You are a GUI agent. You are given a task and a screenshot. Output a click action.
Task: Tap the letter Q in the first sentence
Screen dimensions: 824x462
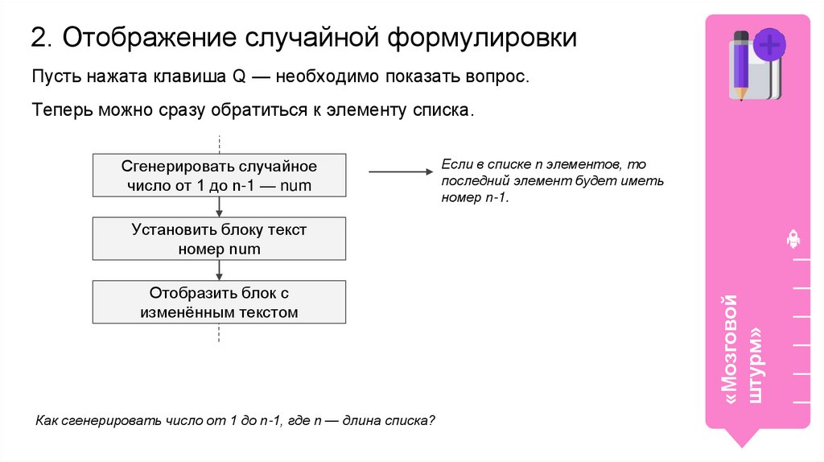click(238, 78)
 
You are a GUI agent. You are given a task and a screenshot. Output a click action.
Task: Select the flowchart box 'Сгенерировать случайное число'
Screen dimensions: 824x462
click(219, 176)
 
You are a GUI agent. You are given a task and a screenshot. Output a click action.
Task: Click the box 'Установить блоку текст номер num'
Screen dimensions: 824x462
click(219, 239)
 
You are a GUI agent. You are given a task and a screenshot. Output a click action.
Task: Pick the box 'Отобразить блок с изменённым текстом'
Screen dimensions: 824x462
click(219, 302)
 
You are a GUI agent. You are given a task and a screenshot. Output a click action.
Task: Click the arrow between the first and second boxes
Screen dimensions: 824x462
click(219, 207)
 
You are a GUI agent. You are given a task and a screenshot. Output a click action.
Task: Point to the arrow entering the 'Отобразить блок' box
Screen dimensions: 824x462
click(219, 270)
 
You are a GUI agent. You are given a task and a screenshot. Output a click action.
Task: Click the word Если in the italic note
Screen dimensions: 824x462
click(455, 163)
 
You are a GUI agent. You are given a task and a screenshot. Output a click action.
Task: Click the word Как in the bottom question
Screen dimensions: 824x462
click(47, 420)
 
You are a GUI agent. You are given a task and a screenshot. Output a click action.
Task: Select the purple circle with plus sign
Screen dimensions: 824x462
click(770, 43)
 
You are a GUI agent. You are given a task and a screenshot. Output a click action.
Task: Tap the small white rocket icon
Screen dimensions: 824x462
click(793, 237)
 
